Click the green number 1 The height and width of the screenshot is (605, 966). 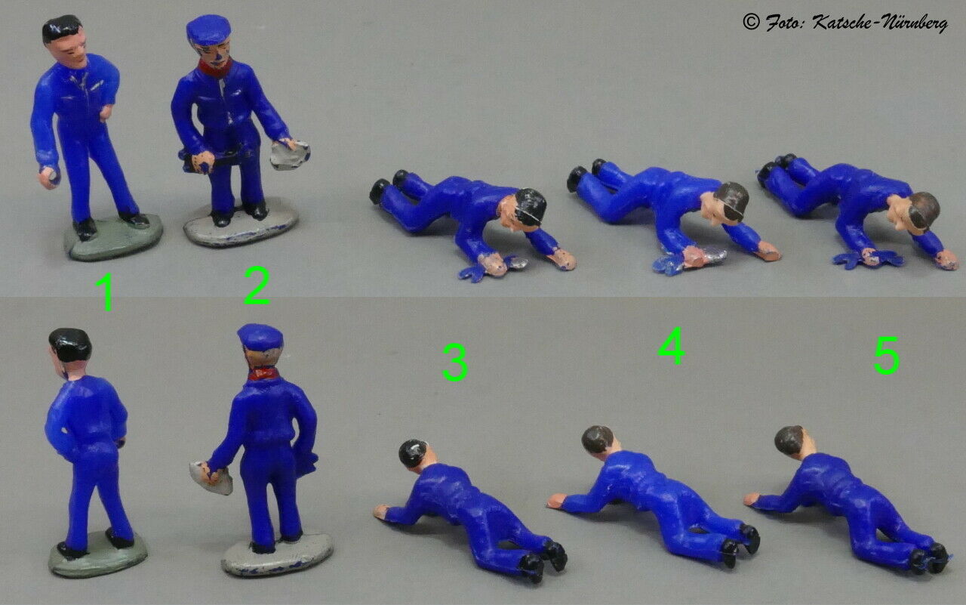(106, 292)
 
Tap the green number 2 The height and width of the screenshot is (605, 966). (257, 286)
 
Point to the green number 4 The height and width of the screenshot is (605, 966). (672, 346)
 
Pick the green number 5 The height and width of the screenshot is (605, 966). (886, 355)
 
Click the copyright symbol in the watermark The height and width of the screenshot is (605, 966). (751, 21)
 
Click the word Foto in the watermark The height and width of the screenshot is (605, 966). (784, 22)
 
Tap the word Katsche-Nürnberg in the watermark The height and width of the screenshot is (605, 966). (880, 23)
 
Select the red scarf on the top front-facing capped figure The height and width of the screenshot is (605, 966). (214, 68)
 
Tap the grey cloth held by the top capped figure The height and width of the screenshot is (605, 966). (290, 153)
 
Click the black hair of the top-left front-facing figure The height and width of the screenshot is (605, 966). (61, 28)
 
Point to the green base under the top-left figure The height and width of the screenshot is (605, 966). (114, 238)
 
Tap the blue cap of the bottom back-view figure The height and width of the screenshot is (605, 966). (260, 337)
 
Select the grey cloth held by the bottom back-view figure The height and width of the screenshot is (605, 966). (211, 477)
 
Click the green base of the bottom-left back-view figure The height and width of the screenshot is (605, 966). (98, 555)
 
